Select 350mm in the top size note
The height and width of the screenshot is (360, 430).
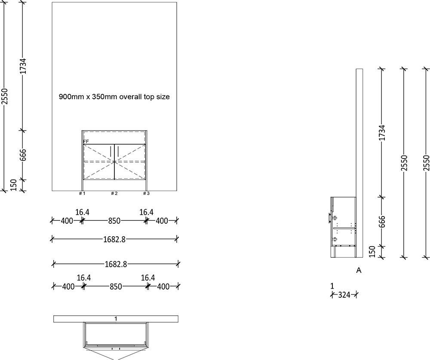[103, 97]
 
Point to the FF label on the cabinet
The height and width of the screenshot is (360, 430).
[86, 141]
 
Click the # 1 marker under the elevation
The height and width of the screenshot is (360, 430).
[82, 194]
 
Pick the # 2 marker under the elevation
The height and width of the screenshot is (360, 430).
[114, 194]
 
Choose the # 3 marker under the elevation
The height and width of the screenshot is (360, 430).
[146, 194]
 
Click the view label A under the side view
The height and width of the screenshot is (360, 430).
[359, 271]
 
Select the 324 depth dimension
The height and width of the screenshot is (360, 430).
[344, 295]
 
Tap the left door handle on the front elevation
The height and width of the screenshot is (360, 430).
[111, 152]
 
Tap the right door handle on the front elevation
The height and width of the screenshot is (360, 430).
[118, 152]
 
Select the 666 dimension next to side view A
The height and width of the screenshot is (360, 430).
[382, 222]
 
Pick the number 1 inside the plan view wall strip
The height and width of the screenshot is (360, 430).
[116, 319]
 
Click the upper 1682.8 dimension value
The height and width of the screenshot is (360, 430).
[115, 239]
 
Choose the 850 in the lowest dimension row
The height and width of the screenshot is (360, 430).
[116, 287]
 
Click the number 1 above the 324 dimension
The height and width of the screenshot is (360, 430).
[332, 286]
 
